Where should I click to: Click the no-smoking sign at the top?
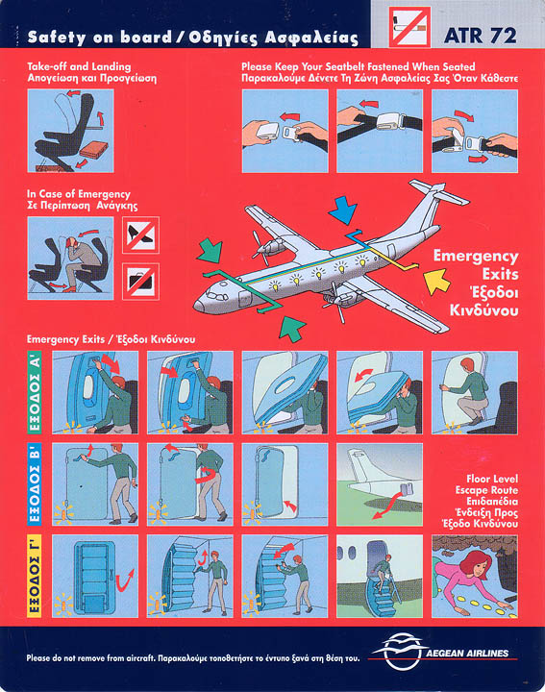click(x=409, y=27)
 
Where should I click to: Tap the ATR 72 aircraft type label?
click(x=481, y=36)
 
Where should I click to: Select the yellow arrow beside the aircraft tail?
click(x=436, y=282)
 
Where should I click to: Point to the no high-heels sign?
click(x=140, y=235)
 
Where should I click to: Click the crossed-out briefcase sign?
click(x=140, y=282)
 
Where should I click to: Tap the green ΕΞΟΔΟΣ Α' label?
click(x=35, y=392)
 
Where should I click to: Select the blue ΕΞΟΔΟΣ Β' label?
click(x=35, y=484)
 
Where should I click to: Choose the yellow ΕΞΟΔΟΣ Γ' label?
click(x=35, y=576)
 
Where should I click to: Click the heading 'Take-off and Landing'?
click(x=79, y=66)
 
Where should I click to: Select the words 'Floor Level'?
click(x=492, y=479)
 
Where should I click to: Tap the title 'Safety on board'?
click(x=99, y=37)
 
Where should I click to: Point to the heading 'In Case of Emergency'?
click(x=79, y=194)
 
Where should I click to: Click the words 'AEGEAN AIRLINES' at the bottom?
click(x=467, y=654)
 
